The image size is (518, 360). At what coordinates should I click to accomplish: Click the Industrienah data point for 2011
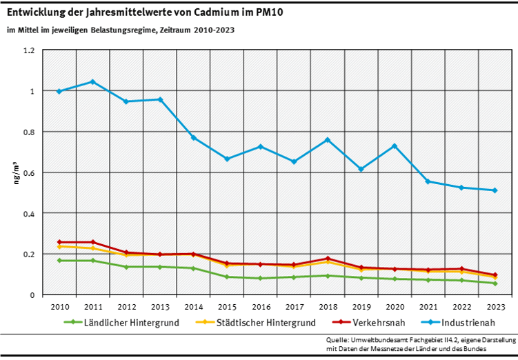[x=92, y=81]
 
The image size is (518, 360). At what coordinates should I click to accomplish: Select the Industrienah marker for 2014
[x=193, y=138]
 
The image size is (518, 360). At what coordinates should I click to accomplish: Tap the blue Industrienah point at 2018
[x=328, y=140]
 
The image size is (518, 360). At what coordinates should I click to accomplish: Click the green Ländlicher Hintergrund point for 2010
[x=59, y=261]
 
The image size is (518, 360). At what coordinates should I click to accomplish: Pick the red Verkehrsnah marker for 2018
[x=328, y=259]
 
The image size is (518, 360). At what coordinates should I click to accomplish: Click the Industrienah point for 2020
[x=395, y=146]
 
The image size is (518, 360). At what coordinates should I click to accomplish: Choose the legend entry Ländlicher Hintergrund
[x=121, y=321]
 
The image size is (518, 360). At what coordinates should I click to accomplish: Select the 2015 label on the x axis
[x=227, y=306]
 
